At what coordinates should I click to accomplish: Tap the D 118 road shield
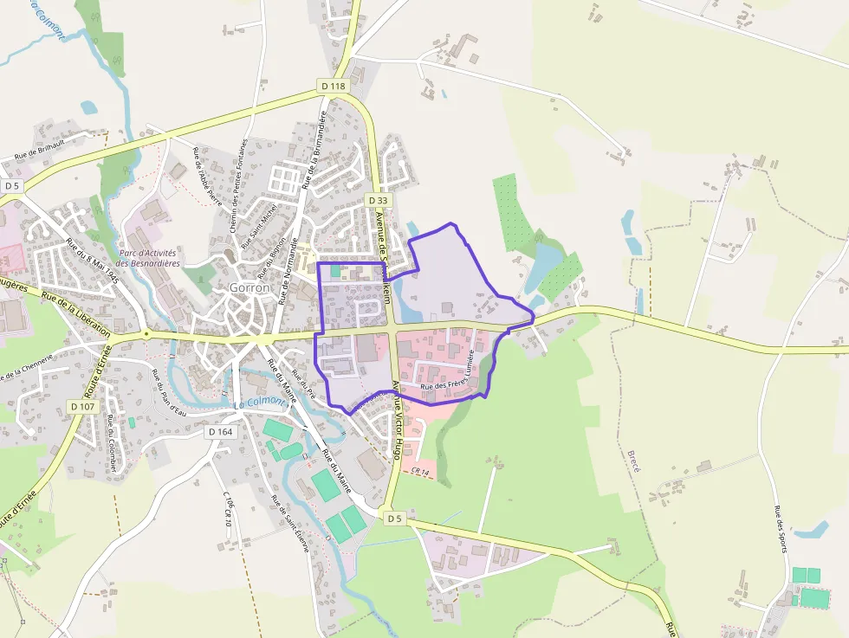coord(333,86)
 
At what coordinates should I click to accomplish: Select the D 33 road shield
coord(379,200)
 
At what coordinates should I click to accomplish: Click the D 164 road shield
coord(221,431)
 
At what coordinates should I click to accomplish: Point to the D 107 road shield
coord(83,406)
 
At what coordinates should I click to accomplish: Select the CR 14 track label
coord(421,471)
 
